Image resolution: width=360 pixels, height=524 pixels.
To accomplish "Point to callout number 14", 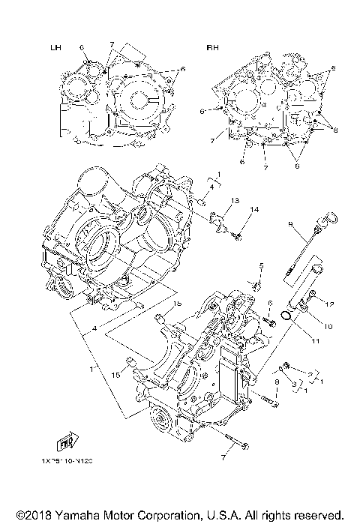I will pos(254,209).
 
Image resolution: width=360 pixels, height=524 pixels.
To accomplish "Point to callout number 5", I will pos(261,266).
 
